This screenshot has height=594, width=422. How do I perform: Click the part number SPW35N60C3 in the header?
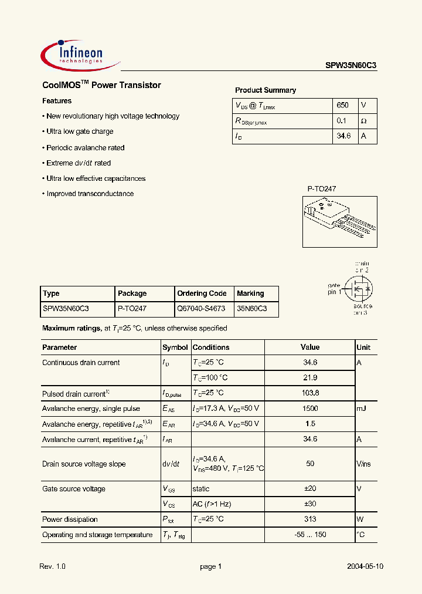tap(351, 66)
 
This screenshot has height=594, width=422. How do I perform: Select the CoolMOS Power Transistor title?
tap(101, 85)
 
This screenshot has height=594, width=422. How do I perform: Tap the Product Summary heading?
tap(266, 90)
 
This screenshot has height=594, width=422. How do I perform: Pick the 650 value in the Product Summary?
tap(343, 105)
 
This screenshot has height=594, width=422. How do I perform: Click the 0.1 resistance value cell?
tap(343, 120)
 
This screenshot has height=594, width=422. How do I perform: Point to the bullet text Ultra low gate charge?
tap(80, 131)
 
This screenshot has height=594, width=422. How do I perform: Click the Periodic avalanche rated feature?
tap(86, 148)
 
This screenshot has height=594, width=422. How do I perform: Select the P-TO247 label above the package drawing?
tap(322, 189)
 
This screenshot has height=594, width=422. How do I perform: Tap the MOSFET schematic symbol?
tap(358, 288)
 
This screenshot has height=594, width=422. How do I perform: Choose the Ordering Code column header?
tap(202, 293)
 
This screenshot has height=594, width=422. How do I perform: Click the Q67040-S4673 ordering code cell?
tap(202, 308)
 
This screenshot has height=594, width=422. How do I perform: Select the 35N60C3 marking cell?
tap(252, 308)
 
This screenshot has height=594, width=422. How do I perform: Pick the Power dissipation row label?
tap(70, 519)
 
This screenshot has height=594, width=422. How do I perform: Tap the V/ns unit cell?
tap(363, 464)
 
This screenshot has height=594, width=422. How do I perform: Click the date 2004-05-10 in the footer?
tap(365, 566)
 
